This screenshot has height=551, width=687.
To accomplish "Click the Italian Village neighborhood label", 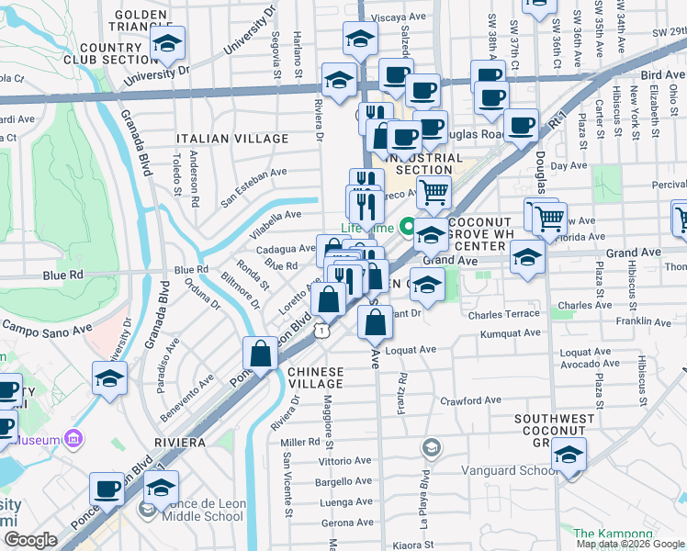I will pos(232,139).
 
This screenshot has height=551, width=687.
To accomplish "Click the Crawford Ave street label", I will pos(470,400).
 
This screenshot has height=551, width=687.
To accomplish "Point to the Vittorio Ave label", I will pos(343,460).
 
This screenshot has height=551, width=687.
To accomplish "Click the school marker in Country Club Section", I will pos(167,43).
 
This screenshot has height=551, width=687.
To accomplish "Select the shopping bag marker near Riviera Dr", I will pos(261,354).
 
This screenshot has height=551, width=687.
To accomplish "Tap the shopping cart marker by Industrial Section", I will pos(434,193).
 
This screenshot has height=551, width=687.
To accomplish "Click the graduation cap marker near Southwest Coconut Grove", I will pos(569,455).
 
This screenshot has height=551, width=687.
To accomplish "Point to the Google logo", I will pos(31,540).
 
